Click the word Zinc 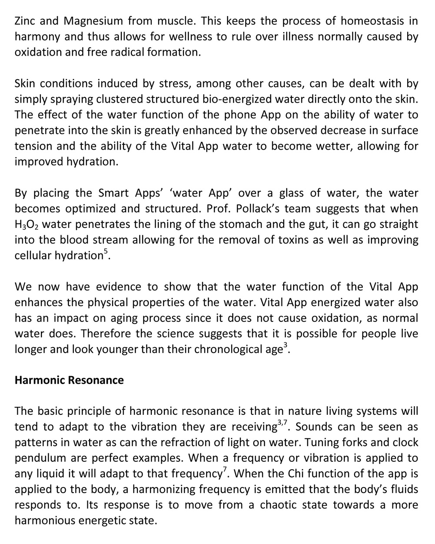[x=25, y=20]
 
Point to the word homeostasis [x=372, y=20]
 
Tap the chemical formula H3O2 [x=28, y=225]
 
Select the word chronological [x=224, y=350]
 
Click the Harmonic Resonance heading [x=69, y=380]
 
